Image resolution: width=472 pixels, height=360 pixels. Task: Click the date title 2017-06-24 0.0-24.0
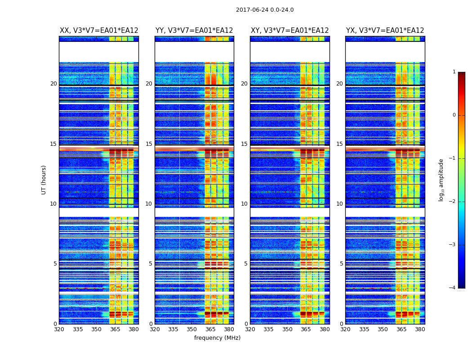[x=265, y=10]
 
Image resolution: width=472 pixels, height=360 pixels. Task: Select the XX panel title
[x=99, y=31]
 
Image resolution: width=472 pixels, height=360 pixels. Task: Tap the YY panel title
[x=194, y=31]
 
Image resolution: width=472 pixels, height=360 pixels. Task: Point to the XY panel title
[x=289, y=31]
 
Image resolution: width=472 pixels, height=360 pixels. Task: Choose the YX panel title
[x=385, y=31]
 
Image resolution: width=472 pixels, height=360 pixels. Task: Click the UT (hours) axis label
[x=44, y=180]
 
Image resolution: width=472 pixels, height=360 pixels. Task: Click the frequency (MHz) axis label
[x=217, y=338]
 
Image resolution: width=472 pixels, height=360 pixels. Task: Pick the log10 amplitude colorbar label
[x=441, y=180]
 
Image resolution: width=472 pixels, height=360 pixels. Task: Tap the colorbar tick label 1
[x=454, y=72]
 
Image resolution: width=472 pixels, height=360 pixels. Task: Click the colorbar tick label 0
[x=454, y=115]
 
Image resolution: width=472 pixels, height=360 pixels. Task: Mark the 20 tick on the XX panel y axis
[x=53, y=84]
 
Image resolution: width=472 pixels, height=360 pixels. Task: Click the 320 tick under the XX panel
[x=59, y=329]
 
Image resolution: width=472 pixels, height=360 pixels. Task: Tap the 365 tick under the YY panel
[x=210, y=329]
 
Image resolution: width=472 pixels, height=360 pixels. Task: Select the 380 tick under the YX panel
[x=420, y=329]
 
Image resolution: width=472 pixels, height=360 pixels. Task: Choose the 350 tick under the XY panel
[x=287, y=329]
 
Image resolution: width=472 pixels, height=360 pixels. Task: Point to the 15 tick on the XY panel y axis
[x=244, y=144]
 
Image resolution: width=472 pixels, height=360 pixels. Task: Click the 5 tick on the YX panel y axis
[x=341, y=264]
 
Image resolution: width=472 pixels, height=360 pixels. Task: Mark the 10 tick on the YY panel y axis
[x=148, y=204]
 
